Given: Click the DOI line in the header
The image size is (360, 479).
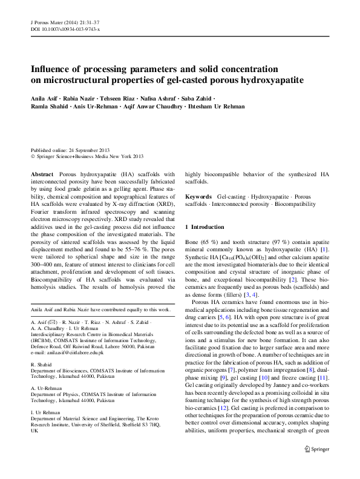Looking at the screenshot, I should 65,29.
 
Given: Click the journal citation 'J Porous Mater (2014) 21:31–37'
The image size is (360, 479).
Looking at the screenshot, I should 65,22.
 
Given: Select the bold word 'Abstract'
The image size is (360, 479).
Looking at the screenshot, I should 42,173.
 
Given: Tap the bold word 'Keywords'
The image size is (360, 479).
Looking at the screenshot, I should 198,197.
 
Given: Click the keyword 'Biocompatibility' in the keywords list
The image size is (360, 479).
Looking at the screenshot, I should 295,204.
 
